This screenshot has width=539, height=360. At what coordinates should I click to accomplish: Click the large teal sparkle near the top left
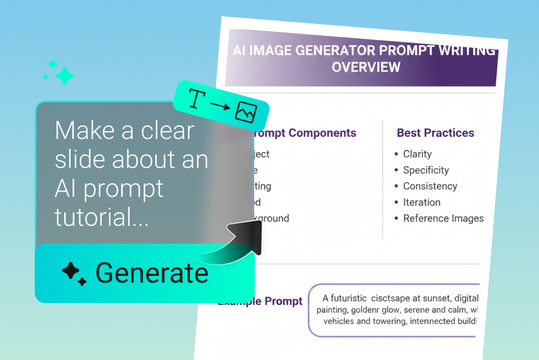(x=64, y=76)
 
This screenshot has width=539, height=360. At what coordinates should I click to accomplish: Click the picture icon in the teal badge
(x=246, y=112)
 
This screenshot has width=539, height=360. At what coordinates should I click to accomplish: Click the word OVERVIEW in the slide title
(x=366, y=67)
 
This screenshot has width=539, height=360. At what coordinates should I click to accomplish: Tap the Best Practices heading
(x=435, y=133)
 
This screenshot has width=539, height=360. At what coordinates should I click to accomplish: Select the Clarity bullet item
(x=417, y=154)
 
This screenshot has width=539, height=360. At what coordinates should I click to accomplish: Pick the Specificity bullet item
(x=425, y=170)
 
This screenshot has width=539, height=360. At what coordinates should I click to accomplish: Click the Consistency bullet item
(x=430, y=186)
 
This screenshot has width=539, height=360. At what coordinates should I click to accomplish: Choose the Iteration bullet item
(x=421, y=202)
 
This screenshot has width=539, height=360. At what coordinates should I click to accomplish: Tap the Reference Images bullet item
(x=443, y=218)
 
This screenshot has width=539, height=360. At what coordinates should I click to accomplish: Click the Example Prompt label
(x=260, y=302)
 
